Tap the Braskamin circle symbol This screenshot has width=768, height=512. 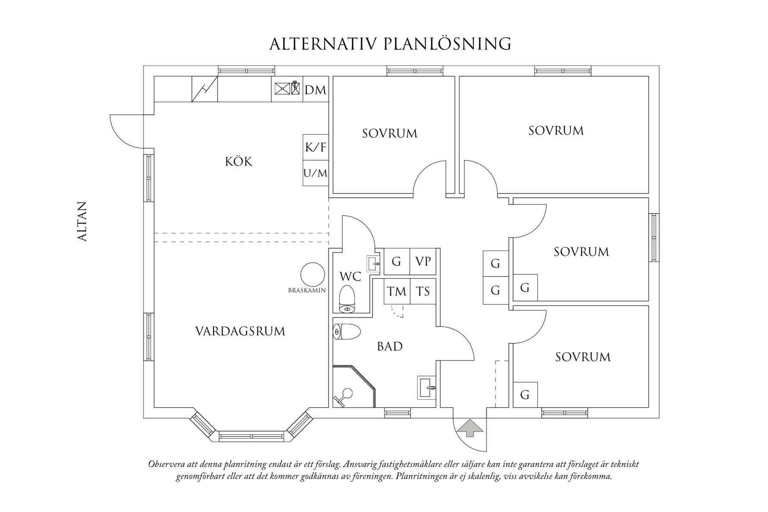coord(312,274)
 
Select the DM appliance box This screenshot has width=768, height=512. coord(315,90)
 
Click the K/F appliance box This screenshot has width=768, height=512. coord(315,147)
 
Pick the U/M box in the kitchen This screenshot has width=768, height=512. coord(315,173)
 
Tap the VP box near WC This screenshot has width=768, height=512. coord(422,261)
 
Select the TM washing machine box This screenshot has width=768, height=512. coord(397,291)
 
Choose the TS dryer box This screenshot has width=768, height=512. coord(422,291)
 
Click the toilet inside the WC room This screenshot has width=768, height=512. coord(347,298)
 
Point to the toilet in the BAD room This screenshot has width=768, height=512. coord(347,332)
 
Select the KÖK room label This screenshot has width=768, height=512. coord(239,162)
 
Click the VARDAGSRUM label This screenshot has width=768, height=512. coord(240,331)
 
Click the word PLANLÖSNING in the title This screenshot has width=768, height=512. coord(447,44)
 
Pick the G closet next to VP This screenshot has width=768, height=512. coord(396,261)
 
